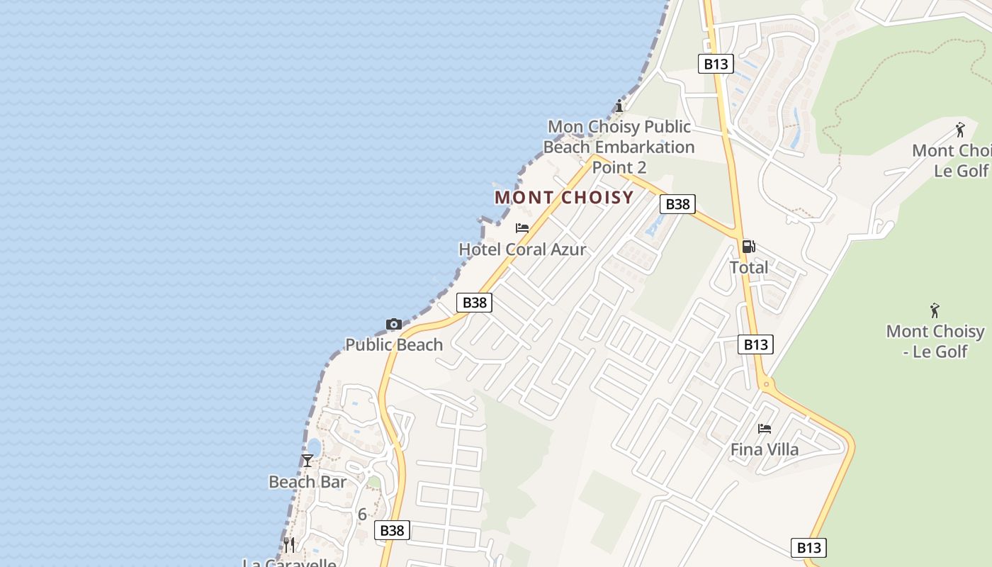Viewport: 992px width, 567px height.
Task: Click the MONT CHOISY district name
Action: point(564,197)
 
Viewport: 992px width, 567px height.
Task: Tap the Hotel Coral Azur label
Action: point(522,249)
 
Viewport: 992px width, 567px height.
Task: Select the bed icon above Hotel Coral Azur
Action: point(522,228)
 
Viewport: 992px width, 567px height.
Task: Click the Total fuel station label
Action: point(749,267)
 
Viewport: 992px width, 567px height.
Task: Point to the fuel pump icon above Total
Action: point(748,247)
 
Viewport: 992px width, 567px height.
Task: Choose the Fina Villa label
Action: point(765,449)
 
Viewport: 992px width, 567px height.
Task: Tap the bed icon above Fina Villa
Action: point(765,428)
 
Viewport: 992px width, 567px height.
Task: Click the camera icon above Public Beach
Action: point(394,324)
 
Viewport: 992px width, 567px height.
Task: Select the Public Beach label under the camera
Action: point(394,344)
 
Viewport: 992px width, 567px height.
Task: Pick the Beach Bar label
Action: point(308,482)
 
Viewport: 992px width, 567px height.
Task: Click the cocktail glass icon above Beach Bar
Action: point(308,461)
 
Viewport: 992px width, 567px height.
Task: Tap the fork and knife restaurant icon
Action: point(289,544)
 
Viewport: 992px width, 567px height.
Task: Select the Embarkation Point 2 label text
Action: point(619,147)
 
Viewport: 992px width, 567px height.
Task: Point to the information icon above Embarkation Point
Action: point(619,106)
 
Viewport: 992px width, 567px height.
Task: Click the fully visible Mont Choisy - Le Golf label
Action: point(935,341)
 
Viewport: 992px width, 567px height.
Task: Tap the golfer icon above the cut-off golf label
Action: point(960,130)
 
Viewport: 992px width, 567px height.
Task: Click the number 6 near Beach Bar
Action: point(362,515)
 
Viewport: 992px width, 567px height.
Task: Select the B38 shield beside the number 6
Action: point(392,530)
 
